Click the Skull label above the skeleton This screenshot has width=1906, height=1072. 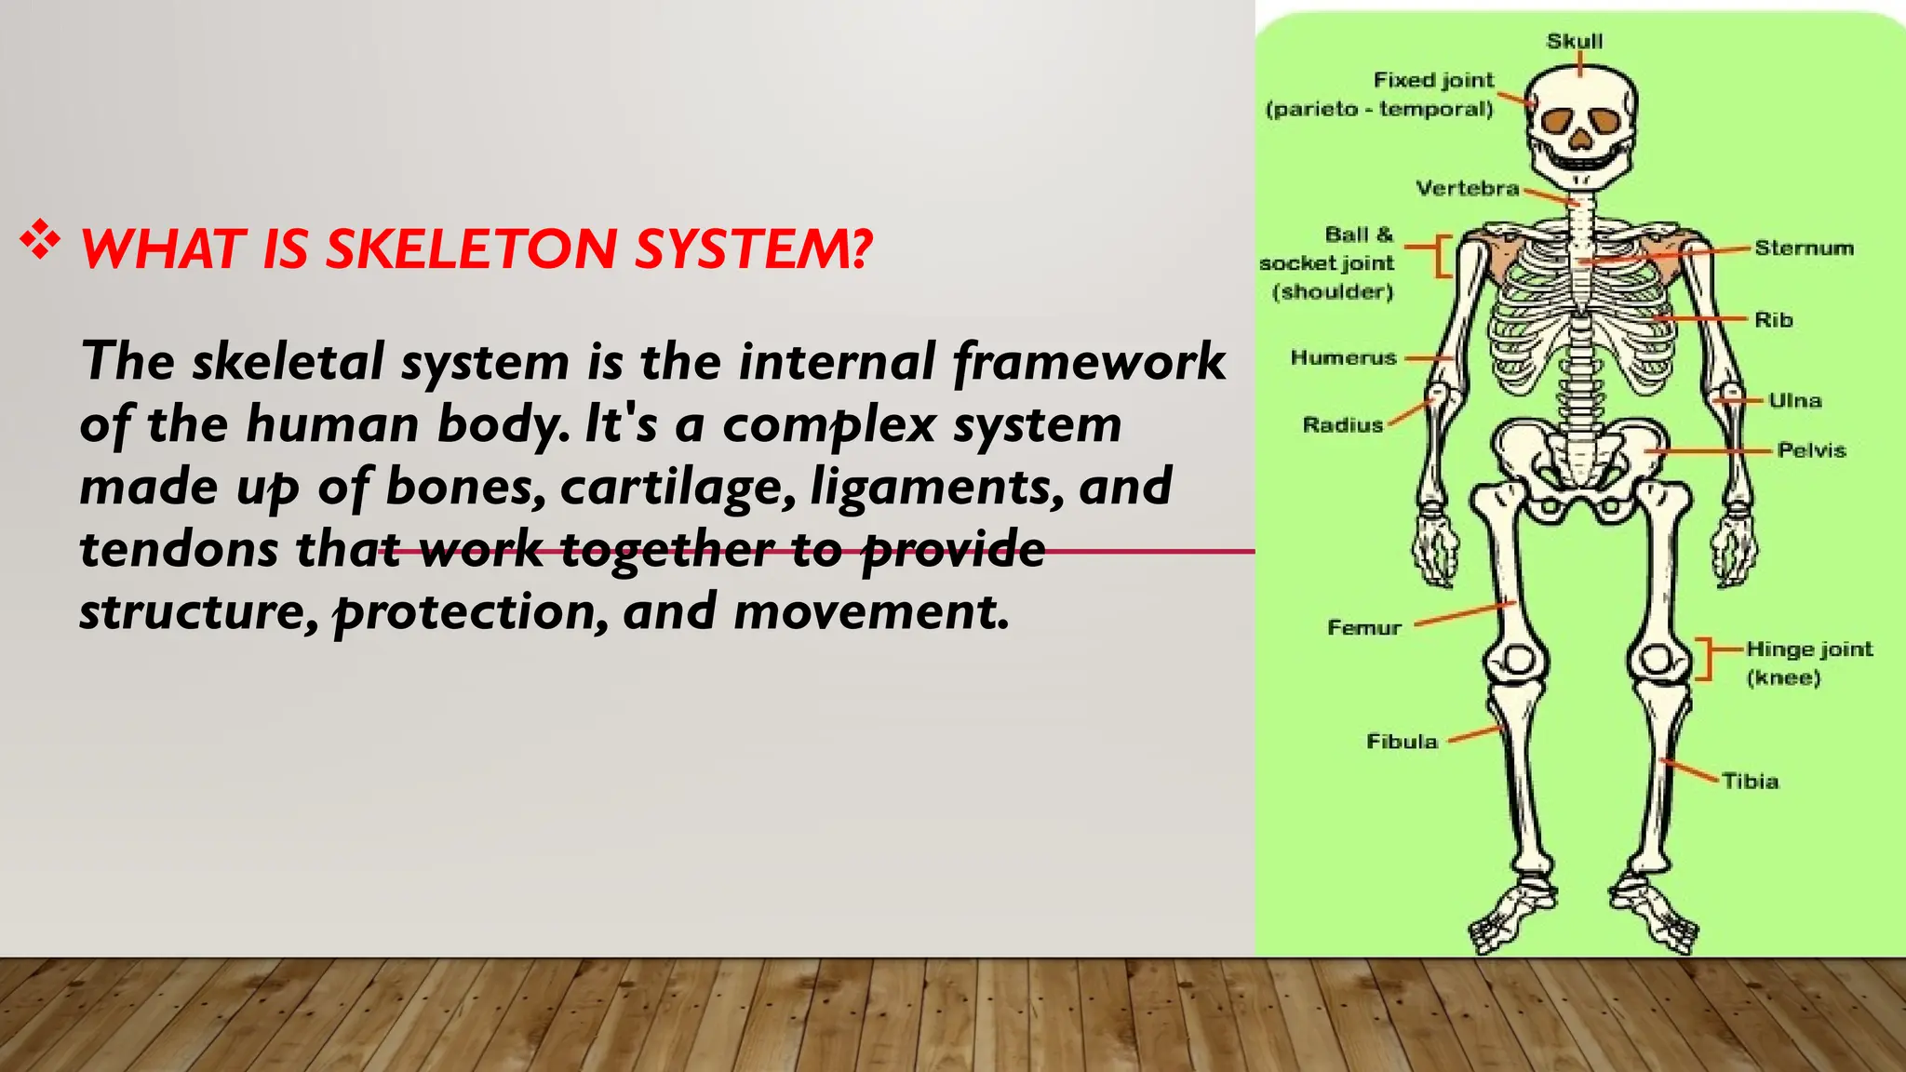tap(1575, 42)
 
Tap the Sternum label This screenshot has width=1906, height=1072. tap(1804, 248)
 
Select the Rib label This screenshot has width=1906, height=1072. tap(1773, 320)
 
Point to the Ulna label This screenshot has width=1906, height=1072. tap(1794, 401)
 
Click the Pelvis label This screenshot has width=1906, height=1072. tap(1810, 450)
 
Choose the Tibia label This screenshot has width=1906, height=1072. tap(1750, 782)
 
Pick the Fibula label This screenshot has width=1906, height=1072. tap(1402, 742)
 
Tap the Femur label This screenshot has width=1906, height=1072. tap(1363, 628)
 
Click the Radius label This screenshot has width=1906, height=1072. tap(1342, 425)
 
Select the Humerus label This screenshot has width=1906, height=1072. tap(1343, 358)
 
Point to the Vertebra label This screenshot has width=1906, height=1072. tap(1467, 189)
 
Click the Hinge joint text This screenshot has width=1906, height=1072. tap(1808, 650)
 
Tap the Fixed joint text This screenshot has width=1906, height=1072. tap(1433, 81)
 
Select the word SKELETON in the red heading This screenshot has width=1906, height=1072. tap(471, 249)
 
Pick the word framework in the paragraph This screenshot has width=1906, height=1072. tap(1089, 362)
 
